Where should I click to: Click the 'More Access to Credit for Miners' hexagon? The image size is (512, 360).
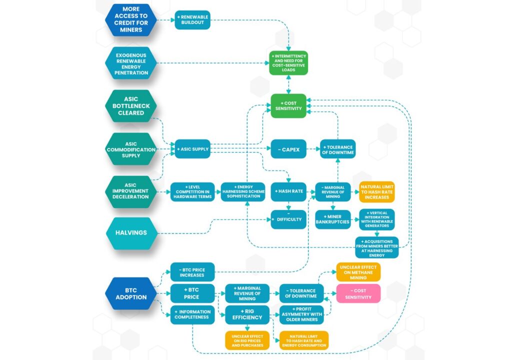click(131, 19)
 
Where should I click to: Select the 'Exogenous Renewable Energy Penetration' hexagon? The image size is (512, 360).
click(131, 63)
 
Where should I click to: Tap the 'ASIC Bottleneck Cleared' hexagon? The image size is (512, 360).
click(131, 106)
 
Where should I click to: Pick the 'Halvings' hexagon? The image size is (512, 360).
click(131, 233)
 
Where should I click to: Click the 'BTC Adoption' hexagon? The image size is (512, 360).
click(131, 293)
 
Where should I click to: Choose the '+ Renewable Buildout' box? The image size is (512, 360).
click(192, 20)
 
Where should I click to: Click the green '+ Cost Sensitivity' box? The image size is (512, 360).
click(288, 106)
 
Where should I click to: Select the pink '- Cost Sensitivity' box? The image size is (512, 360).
click(358, 293)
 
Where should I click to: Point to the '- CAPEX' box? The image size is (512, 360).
click(288, 149)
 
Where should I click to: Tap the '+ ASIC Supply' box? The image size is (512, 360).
click(192, 149)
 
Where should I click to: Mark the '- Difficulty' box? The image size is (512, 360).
click(288, 219)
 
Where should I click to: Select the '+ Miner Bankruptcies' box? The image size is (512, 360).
click(332, 219)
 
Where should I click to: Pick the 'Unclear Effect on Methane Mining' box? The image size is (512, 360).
click(358, 272)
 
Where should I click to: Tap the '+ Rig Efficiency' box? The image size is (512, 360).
click(247, 315)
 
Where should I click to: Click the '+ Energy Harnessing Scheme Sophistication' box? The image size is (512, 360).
click(242, 192)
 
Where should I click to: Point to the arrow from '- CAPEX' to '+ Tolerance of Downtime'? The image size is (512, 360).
click(313, 149)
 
